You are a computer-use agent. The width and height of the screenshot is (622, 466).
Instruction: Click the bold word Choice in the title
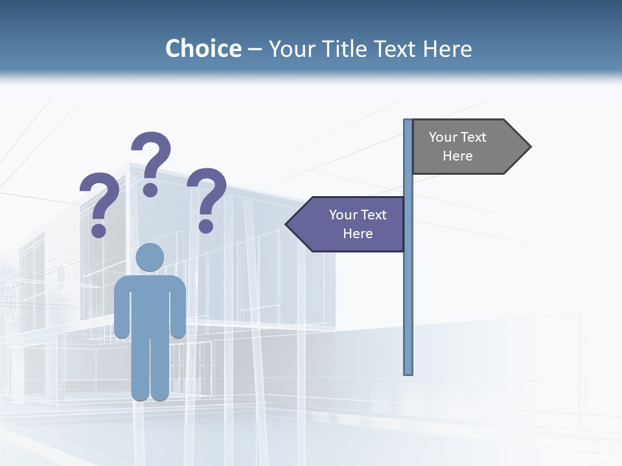pyautogui.click(x=203, y=49)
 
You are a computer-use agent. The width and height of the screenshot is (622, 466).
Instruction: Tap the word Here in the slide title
pyautogui.click(x=447, y=49)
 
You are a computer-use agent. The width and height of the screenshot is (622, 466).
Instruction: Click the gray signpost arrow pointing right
pyautogui.click(x=466, y=147)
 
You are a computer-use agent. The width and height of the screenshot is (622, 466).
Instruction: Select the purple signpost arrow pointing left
pyautogui.click(x=350, y=224)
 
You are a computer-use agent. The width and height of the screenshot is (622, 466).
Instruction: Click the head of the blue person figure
pyautogui.click(x=150, y=257)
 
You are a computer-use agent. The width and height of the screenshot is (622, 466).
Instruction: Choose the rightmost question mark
pyautogui.click(x=207, y=197)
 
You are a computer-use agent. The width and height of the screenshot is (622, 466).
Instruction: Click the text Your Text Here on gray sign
pyautogui.click(x=457, y=146)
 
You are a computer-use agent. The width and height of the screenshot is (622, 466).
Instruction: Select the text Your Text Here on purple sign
pyautogui.click(x=358, y=224)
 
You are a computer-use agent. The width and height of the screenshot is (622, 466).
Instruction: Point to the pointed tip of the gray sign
pyautogui.click(x=529, y=147)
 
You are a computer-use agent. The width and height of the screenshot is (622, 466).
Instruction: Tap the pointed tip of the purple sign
pyautogui.click(x=288, y=225)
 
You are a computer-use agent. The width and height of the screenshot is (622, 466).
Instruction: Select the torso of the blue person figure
pyautogui.click(x=150, y=304)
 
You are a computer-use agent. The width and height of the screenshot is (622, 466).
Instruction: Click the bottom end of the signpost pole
pyautogui.click(x=408, y=372)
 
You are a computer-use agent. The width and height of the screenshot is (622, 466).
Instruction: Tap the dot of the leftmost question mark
pyautogui.click(x=98, y=230)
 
